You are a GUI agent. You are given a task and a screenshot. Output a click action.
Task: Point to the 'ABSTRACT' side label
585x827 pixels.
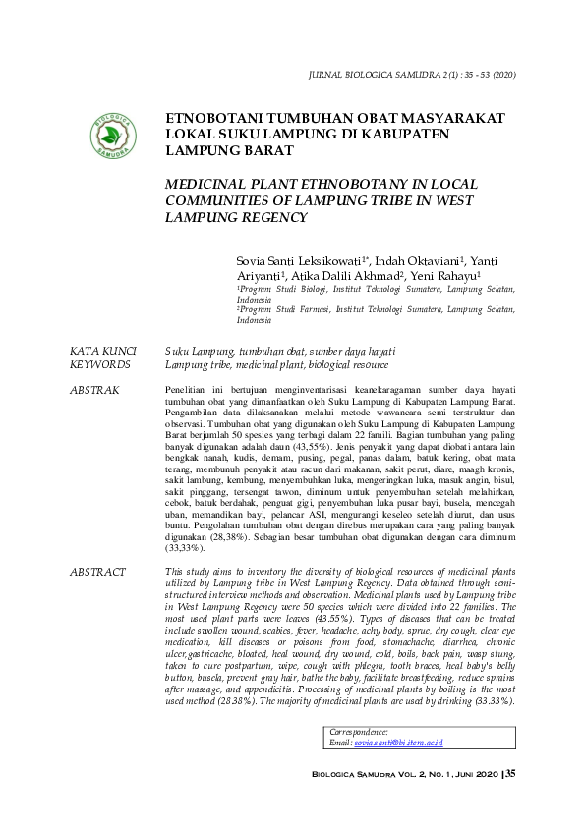pyautogui.click(x=97, y=572)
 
